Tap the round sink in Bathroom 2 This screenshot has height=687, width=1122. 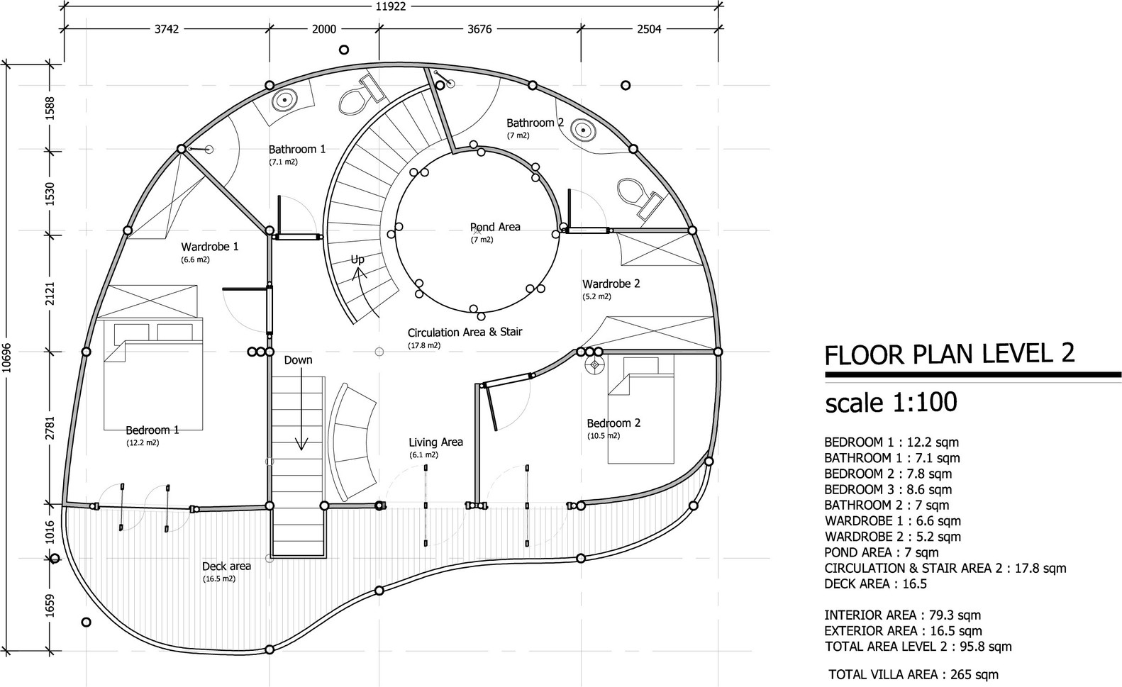tap(584, 130)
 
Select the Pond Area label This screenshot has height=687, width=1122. tap(495, 227)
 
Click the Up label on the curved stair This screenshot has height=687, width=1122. tap(357, 259)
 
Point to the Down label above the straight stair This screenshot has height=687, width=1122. tap(298, 360)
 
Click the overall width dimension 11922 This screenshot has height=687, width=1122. tap(390, 6)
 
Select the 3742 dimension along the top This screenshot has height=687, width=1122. tap(166, 29)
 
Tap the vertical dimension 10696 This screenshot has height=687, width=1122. tap(6, 357)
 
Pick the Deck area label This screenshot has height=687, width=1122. tap(226, 566)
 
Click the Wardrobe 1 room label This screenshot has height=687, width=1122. tap(210, 247)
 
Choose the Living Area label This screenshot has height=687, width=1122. tap(435, 442)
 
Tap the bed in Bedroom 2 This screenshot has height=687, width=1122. tap(641, 410)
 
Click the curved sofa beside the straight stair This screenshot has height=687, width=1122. tap(354, 442)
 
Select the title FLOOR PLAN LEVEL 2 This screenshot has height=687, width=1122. tap(949, 354)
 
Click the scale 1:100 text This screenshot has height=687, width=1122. tap(891, 402)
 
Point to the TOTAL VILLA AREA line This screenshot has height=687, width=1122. tap(913, 674)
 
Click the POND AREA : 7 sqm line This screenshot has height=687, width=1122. tap(882, 552)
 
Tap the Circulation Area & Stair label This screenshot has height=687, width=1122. tap(465, 333)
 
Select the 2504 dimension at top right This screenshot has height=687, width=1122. tap(649, 29)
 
